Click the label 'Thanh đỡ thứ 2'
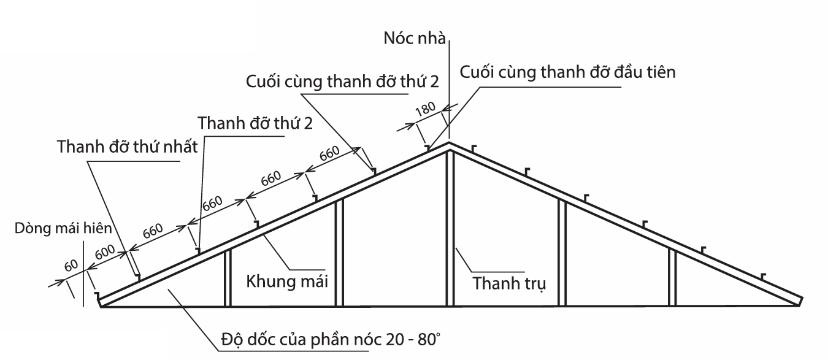256,123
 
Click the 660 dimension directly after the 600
152,232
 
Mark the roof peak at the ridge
450,144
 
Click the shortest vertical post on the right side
672,277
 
